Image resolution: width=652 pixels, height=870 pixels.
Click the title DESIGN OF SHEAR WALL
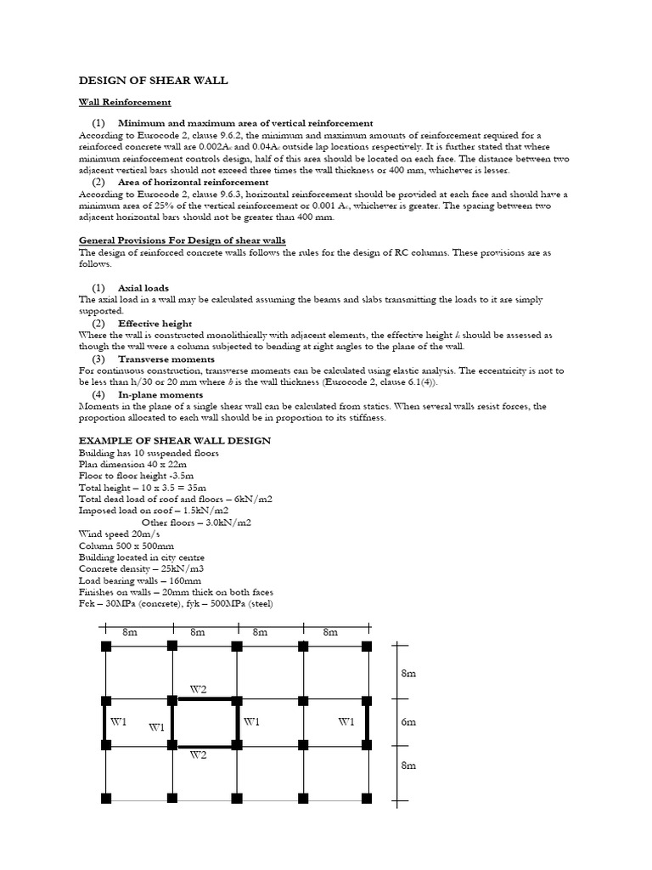(x=154, y=81)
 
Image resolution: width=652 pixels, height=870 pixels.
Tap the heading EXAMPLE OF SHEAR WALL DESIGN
(x=175, y=440)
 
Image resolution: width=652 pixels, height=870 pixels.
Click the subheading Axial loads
(x=143, y=288)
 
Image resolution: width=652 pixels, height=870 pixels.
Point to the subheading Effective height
(x=155, y=324)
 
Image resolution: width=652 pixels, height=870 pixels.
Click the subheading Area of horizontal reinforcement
(x=194, y=183)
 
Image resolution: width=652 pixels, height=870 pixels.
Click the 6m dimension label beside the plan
(x=408, y=722)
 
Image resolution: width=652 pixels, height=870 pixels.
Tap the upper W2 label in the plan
(x=199, y=690)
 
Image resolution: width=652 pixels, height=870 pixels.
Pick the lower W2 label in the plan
(x=199, y=754)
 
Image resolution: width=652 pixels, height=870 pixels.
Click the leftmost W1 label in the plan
(x=118, y=722)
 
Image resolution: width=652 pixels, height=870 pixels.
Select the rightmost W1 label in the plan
(x=346, y=722)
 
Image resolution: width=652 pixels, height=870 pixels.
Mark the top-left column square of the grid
(x=106, y=647)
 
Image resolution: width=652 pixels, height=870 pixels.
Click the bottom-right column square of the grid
(x=367, y=798)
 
